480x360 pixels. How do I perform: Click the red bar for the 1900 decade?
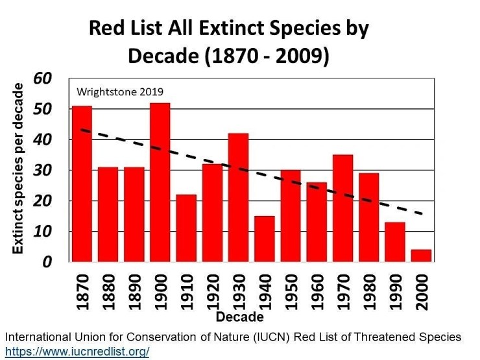click(x=160, y=182)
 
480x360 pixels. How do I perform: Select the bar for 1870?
click(x=82, y=184)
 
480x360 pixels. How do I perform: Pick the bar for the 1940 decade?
click(x=264, y=239)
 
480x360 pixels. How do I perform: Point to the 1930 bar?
click(x=238, y=197)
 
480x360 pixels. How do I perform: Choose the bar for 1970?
click(x=342, y=208)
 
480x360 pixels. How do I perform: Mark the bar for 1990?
click(x=394, y=242)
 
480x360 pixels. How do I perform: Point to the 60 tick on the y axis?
click(x=60, y=78)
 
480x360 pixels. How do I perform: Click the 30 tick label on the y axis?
click(x=60, y=171)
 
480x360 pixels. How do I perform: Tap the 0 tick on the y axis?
click(x=65, y=262)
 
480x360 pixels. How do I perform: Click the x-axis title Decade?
click(x=240, y=317)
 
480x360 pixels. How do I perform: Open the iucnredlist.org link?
click(x=77, y=351)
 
